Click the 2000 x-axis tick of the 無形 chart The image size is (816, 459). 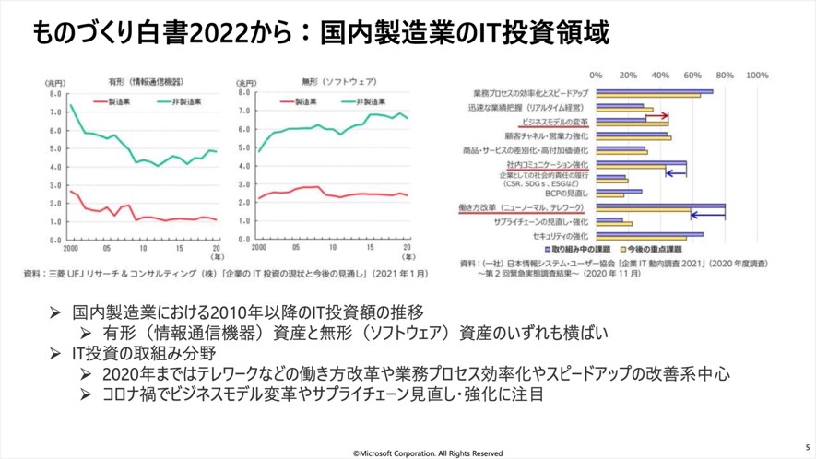click(x=258, y=249)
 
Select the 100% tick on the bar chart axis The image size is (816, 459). click(x=756, y=75)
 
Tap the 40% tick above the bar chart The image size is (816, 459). click(x=660, y=75)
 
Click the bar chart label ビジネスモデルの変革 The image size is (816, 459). click(x=555, y=121)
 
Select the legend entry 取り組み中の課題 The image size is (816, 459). click(x=581, y=250)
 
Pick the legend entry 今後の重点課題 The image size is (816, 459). click(x=656, y=250)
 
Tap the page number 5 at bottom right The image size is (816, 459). click(x=807, y=440)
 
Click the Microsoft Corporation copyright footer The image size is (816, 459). click(x=428, y=453)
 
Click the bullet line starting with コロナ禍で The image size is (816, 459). click(x=323, y=394)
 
